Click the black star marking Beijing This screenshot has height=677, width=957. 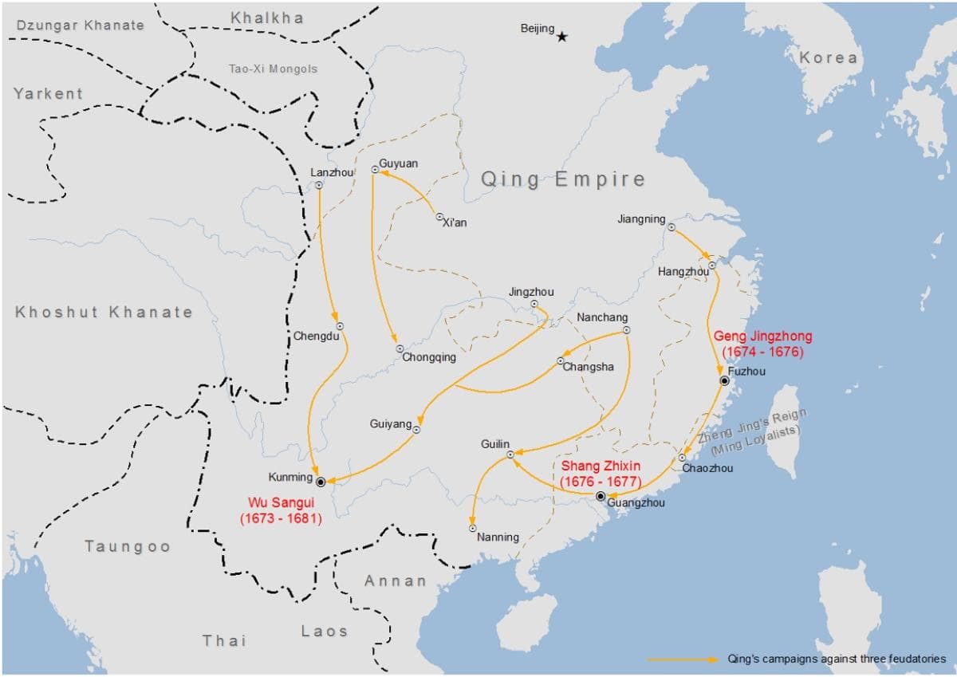[562, 37]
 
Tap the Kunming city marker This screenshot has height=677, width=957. [320, 482]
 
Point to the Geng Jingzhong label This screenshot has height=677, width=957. [762, 344]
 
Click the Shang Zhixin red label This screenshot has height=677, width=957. [601, 474]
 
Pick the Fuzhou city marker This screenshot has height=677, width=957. [724, 381]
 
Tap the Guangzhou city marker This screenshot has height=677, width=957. [601, 496]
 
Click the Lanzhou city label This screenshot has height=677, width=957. [331, 172]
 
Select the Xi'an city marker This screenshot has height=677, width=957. [439, 216]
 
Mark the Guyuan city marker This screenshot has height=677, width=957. [375, 169]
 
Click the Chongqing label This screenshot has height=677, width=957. [429, 357]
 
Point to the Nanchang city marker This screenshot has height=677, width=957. [626, 330]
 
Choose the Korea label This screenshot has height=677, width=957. [829, 57]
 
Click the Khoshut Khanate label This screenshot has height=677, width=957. [104, 312]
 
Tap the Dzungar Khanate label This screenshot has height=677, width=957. [81, 25]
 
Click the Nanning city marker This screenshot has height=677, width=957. [473, 528]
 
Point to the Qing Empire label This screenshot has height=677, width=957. [562, 179]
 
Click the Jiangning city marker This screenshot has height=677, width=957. [671, 227]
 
